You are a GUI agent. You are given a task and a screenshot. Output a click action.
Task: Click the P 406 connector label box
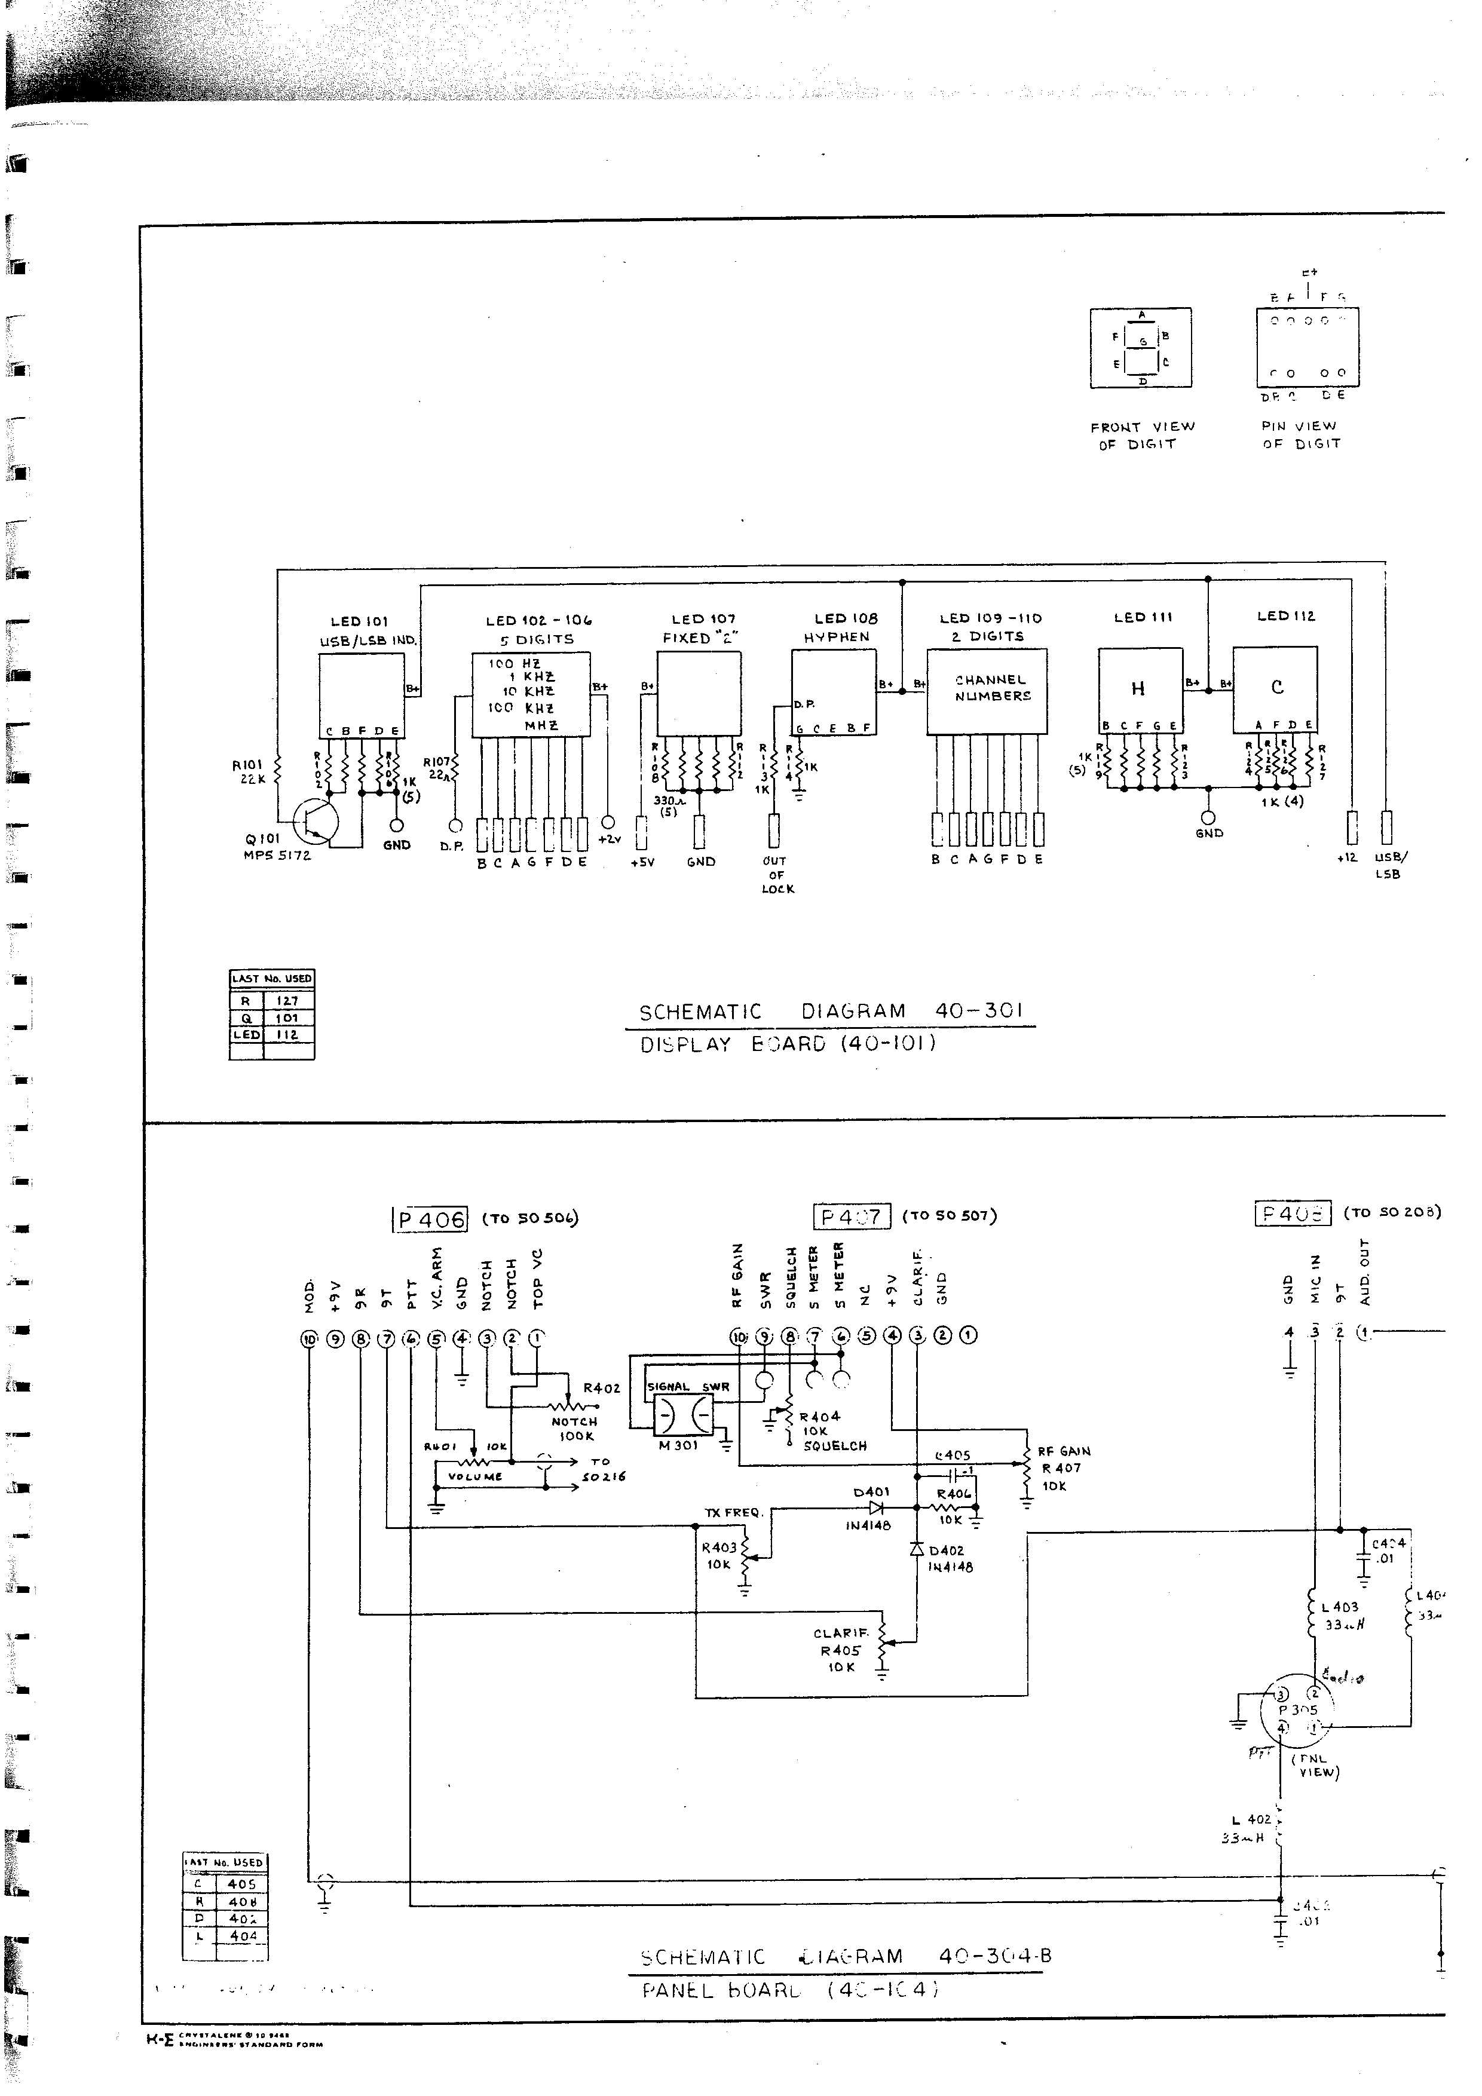(x=429, y=1219)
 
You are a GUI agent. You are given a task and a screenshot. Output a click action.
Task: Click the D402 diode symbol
(x=917, y=1549)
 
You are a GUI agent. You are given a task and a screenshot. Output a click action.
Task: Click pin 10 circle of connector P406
(x=310, y=1339)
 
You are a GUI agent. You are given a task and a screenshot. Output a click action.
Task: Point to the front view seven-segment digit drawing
(x=1141, y=348)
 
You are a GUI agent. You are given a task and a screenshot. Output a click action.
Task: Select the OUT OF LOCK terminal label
(x=777, y=875)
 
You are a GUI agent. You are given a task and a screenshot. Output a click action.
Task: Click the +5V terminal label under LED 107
(x=643, y=862)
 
